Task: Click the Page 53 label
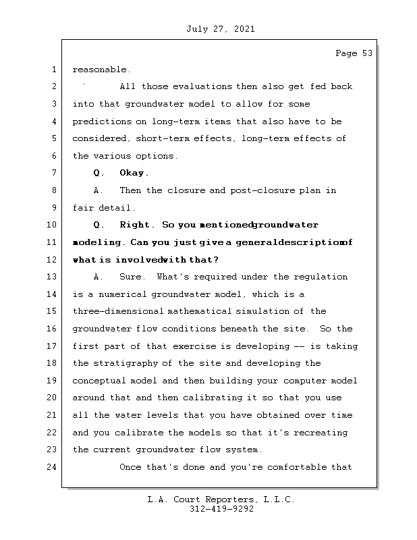354,54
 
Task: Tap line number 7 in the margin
52,173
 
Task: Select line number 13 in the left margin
52,277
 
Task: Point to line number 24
52,467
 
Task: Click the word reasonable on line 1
101,70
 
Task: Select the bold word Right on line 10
136,225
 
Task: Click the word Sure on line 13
132,277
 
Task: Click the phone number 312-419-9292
221,510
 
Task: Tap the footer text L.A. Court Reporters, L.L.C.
221,500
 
